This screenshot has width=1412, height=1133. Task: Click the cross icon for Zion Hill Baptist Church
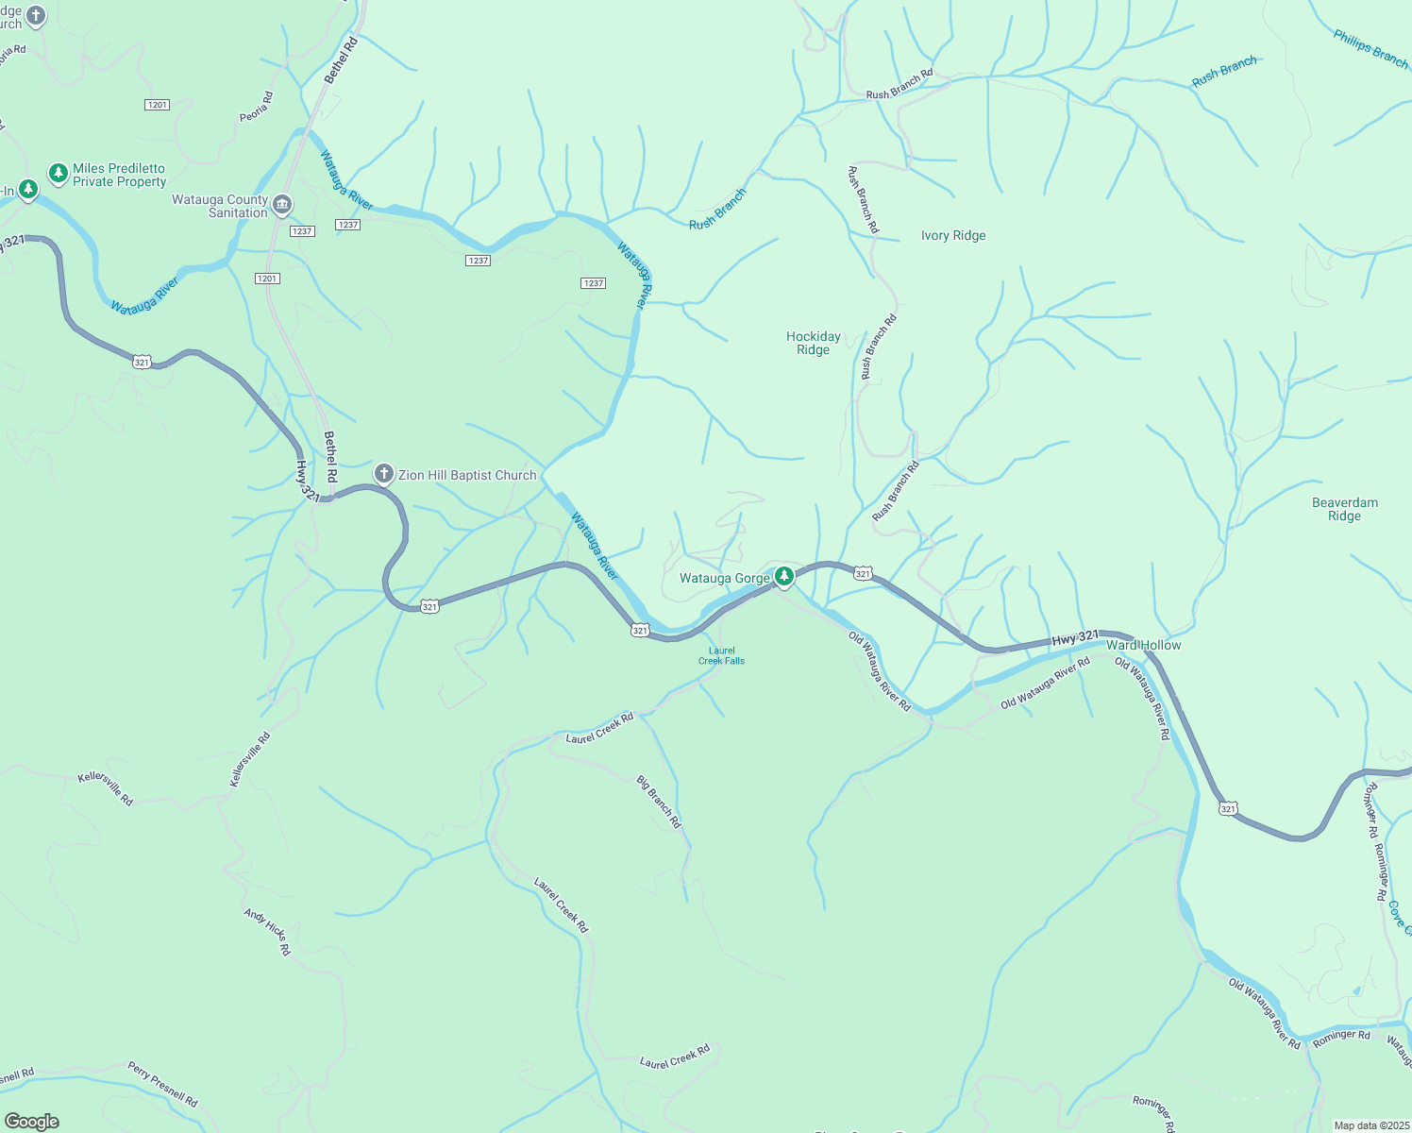(383, 474)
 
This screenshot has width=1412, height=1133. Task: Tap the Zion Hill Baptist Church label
(467, 476)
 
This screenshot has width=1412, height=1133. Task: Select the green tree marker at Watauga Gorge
(783, 576)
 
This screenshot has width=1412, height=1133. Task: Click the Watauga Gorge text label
(724, 579)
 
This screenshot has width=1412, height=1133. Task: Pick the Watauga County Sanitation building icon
(282, 205)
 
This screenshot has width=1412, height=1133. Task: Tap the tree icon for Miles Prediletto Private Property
(59, 173)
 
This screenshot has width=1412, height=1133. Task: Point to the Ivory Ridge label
(953, 236)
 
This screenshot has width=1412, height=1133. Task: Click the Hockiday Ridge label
(813, 343)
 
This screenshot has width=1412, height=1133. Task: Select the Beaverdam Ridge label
(1344, 509)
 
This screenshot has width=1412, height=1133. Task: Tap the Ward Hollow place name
(1143, 645)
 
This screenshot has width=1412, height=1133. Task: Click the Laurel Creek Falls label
(721, 656)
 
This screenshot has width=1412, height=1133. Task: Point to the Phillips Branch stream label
(1370, 48)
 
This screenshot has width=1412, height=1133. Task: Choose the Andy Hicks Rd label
(267, 932)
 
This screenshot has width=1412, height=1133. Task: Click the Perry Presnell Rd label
(163, 1084)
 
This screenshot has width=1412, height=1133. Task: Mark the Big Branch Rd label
(659, 803)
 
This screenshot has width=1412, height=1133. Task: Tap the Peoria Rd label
(256, 107)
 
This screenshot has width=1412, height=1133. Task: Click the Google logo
(32, 1122)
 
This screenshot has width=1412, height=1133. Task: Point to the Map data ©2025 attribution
(1370, 1125)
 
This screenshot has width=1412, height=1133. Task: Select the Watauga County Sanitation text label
(220, 206)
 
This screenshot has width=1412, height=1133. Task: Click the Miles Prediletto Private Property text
(119, 176)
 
